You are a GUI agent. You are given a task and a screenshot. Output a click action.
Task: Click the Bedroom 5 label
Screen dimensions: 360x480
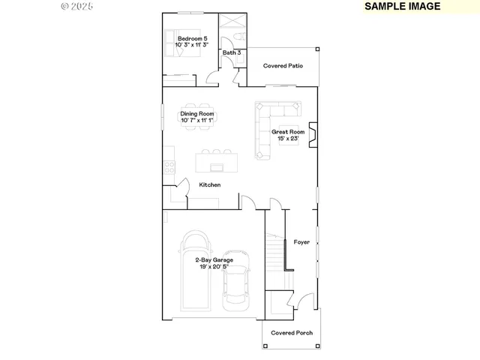click(x=192, y=42)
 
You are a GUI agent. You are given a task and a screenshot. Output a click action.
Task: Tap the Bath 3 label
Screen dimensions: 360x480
click(x=231, y=53)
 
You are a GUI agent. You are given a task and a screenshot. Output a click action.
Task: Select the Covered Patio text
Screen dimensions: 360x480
click(x=283, y=66)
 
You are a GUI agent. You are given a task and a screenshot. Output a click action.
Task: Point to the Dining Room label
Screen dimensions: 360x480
click(x=196, y=117)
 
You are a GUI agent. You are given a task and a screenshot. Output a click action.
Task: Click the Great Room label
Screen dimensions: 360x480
click(x=288, y=135)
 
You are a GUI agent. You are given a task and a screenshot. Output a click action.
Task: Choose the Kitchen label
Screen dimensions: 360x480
click(x=209, y=185)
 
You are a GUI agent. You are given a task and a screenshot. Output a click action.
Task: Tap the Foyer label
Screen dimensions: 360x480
click(x=301, y=242)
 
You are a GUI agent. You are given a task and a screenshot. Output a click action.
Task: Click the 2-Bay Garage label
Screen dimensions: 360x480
click(x=214, y=263)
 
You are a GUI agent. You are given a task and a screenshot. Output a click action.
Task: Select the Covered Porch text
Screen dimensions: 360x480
click(x=292, y=333)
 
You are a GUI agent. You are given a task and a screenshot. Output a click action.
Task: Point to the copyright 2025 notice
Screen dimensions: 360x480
click(x=77, y=6)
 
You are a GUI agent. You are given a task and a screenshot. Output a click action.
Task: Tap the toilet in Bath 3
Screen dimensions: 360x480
click(x=235, y=37)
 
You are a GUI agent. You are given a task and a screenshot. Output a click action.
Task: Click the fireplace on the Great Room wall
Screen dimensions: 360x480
click(x=314, y=135)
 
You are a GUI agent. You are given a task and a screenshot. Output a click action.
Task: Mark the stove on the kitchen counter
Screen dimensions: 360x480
click(x=169, y=167)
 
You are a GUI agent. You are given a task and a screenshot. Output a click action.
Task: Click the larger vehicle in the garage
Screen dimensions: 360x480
click(x=197, y=270)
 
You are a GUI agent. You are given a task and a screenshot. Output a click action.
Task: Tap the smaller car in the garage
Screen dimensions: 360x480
click(x=237, y=285)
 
